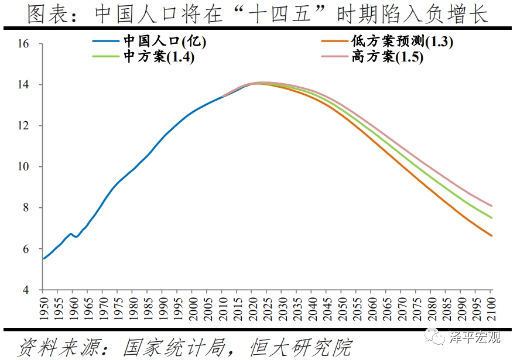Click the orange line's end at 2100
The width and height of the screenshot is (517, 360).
tap(491, 236)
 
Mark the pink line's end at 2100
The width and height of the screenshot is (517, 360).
tap(491, 206)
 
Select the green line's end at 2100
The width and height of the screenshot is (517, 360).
tap(491, 218)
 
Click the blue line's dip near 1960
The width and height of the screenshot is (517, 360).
tap(76, 236)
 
